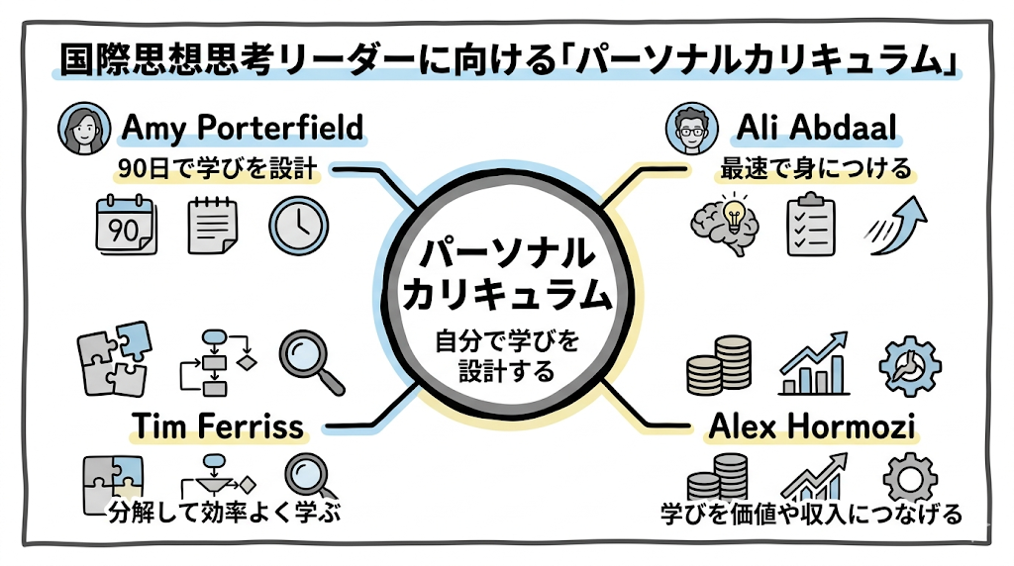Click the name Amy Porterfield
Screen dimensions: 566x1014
[x=242, y=129]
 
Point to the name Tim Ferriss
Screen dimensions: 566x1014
[x=218, y=426]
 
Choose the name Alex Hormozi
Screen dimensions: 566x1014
[x=811, y=426]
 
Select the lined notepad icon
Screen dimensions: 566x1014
[x=211, y=225]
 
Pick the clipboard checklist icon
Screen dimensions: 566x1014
[x=810, y=226]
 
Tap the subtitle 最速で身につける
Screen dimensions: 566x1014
[x=813, y=169]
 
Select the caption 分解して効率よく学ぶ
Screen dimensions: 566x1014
[x=218, y=515]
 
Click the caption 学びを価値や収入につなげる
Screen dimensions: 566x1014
[x=812, y=515]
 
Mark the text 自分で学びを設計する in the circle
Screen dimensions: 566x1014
[x=507, y=358]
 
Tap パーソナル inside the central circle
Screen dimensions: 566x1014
[x=507, y=253]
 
